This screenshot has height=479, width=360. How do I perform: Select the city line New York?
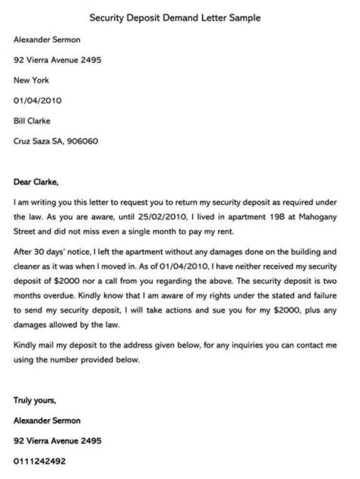[31, 80]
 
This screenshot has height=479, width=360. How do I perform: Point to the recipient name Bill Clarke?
[32, 120]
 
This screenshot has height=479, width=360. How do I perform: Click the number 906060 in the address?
[83, 141]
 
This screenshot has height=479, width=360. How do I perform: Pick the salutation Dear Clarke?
[36, 182]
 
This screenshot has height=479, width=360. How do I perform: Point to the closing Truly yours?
[35, 400]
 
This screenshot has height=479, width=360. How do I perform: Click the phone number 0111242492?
[39, 461]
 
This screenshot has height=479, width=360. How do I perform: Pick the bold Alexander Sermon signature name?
[47, 420]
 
